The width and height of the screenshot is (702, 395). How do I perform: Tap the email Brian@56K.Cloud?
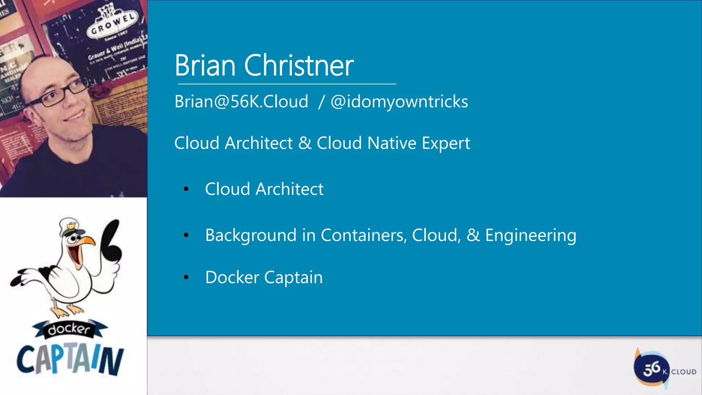coord(241,101)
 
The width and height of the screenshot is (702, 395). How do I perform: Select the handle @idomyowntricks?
coord(399,102)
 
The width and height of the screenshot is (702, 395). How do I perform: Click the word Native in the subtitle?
coord(391,143)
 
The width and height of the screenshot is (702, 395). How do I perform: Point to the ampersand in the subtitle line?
coord(305,143)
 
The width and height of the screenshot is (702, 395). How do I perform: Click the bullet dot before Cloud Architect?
coord(186,189)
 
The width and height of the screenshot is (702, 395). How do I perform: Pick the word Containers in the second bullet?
coord(364,235)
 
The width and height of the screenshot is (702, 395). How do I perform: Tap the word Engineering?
coord(531,236)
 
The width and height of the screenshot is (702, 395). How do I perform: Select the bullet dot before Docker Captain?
coord(186,277)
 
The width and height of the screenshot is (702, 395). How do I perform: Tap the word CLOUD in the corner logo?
coord(683,372)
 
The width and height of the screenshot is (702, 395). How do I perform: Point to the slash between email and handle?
coord(321,102)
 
